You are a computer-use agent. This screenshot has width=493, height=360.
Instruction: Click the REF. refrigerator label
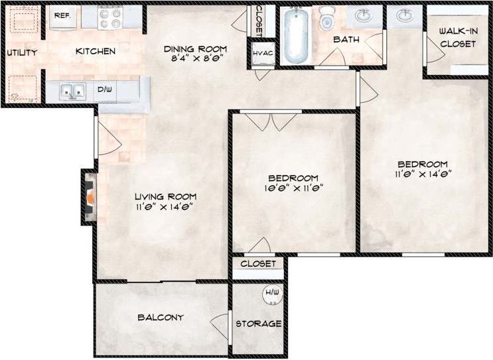tap(63, 15)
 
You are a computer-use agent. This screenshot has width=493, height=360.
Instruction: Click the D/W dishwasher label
tap(105, 90)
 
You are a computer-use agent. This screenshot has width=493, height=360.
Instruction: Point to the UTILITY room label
tap(22, 52)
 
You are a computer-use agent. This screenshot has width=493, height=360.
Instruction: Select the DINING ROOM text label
tap(196, 49)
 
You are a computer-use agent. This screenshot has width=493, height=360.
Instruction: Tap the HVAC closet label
tap(261, 53)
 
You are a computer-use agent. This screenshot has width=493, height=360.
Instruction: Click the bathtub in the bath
tap(292, 36)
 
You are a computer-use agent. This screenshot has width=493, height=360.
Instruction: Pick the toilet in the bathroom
tap(327, 20)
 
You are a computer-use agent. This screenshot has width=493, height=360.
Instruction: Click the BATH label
tap(346, 40)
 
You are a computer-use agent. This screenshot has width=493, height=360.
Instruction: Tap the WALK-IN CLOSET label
tap(458, 38)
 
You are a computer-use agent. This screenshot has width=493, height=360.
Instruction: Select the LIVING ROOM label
tap(165, 196)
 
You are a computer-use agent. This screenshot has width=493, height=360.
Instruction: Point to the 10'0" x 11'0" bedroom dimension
tap(293, 188)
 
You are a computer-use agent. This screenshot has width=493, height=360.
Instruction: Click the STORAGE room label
tap(259, 324)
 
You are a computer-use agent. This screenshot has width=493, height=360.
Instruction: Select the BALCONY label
tap(160, 318)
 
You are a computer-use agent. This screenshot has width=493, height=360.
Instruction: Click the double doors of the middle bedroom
tap(272, 121)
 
